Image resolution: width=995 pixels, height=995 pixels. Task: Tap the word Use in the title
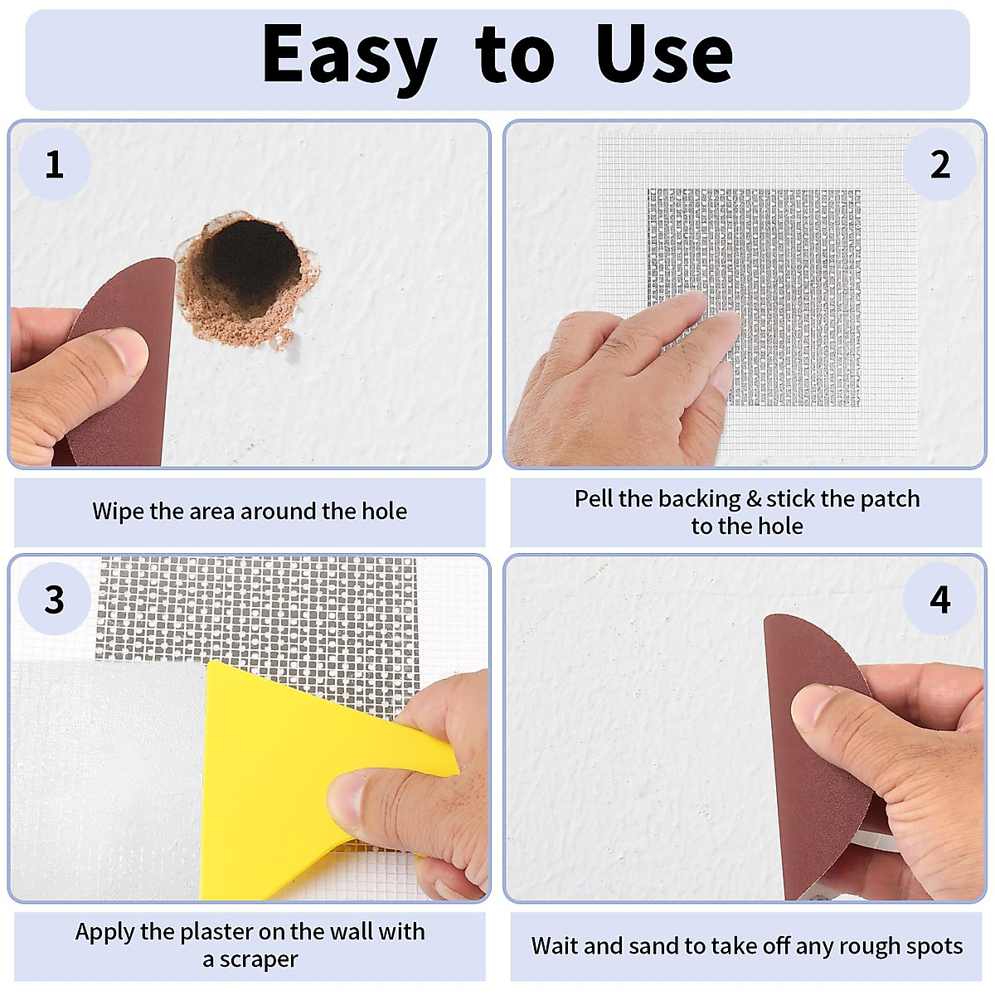pos(664,55)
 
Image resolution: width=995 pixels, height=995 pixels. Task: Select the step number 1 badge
pos(55,164)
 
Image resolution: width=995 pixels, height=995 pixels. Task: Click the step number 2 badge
pos(939,164)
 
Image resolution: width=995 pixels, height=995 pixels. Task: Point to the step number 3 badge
pos(55,599)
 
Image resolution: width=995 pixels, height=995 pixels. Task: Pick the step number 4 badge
pos(939,599)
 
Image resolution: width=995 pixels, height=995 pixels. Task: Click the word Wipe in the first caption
pos(118,511)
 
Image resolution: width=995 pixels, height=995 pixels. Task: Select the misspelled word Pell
pos(594,498)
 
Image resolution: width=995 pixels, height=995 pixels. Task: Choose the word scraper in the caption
pos(259,959)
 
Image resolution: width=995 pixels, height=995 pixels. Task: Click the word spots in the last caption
pos(935,947)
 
